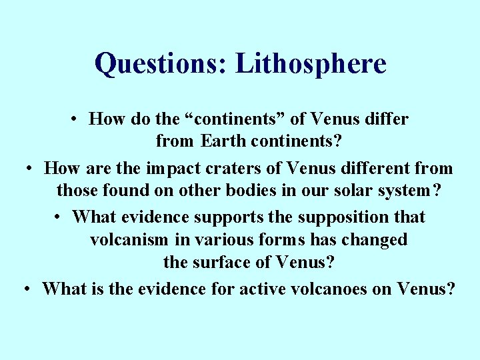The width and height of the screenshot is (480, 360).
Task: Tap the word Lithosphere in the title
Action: pos(311,63)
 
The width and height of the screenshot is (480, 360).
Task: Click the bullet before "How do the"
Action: pos(78,120)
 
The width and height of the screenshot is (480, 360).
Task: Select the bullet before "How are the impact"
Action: pos(30,169)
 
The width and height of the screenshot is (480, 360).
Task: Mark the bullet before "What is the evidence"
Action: pos(27,289)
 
